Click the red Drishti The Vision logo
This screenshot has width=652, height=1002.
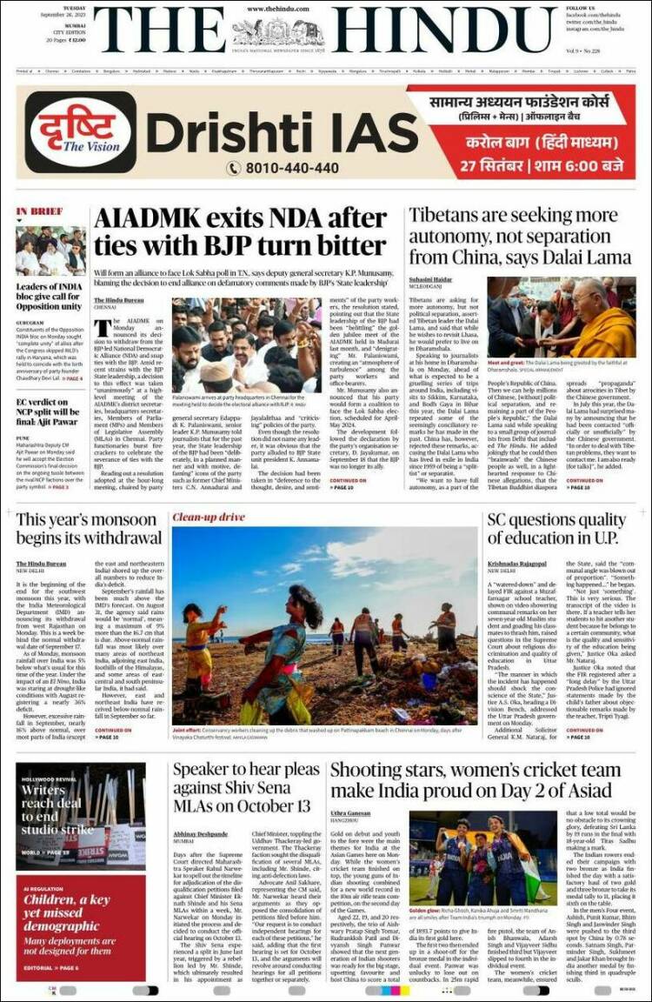[x=80, y=132]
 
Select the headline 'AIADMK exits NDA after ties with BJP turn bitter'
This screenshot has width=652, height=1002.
[x=241, y=231]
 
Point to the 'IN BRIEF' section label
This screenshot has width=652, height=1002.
[x=39, y=211]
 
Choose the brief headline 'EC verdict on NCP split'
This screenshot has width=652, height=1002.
[x=50, y=408]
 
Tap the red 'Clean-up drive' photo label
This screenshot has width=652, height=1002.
[x=209, y=518]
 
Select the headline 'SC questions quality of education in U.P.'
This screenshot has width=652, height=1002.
[x=556, y=531]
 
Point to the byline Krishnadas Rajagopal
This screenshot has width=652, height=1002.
[x=516, y=564]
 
